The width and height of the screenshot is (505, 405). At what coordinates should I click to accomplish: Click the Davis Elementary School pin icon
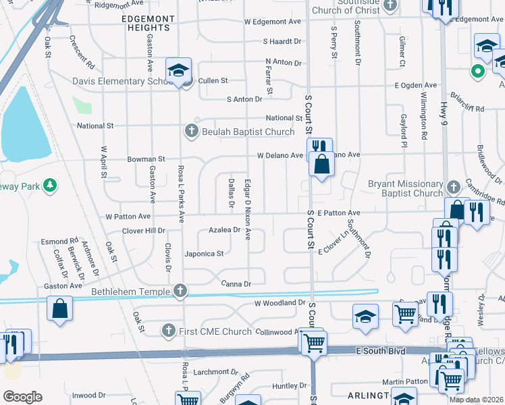pos(179,71)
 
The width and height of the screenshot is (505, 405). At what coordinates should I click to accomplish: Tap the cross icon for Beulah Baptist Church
pos(191,131)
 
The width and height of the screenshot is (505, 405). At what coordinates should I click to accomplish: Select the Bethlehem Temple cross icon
pos(180,291)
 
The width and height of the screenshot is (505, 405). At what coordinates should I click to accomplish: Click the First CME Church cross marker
pos(169,331)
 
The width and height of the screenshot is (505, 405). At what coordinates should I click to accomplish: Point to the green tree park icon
pos(49,185)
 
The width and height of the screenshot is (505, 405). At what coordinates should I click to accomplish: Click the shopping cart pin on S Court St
pos(313,344)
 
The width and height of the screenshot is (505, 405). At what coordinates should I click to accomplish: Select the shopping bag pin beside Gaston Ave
pos(60,308)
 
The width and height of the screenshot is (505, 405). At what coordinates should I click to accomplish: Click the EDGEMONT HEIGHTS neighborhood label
pos(146,22)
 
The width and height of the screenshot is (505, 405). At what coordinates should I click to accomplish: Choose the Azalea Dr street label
pos(224,230)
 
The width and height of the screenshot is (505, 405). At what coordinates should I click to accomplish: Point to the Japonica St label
pos(204,254)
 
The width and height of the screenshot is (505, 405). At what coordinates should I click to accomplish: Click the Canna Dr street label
pos(236,283)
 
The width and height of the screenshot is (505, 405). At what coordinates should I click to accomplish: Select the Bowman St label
pos(146,159)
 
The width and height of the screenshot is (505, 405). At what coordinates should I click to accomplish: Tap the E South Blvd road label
pos(383,351)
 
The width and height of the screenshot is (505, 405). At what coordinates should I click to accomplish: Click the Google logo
pos(22,396)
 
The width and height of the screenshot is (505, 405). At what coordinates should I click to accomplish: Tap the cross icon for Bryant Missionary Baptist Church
pos(453,185)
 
